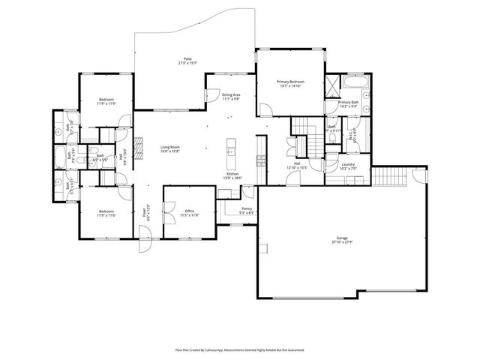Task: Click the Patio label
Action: tap(187, 60)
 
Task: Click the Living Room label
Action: tap(169, 148)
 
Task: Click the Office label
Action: tap(190, 211)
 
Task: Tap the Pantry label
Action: tap(247, 209)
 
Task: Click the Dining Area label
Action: tap(231, 95)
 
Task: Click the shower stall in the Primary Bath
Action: tap(332, 84)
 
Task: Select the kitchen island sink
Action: tap(231, 151)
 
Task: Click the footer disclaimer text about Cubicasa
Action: tap(240, 349)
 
